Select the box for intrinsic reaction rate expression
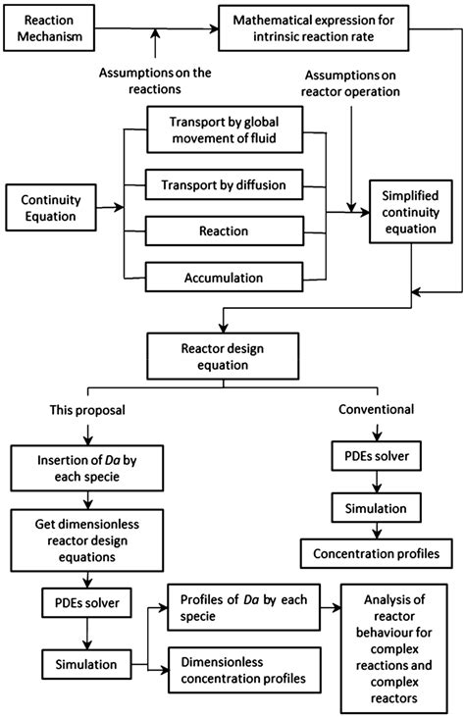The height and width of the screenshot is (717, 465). tap(325, 28)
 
